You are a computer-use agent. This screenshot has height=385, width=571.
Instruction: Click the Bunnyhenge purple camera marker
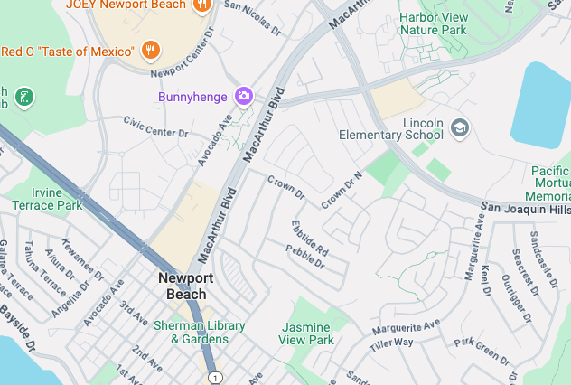pos(243,97)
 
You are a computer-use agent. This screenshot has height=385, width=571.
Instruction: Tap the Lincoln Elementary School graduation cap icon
pos(460,127)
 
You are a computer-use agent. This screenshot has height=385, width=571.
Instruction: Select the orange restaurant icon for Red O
pos(152,51)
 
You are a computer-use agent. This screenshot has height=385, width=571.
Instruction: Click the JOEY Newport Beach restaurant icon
pos(201,5)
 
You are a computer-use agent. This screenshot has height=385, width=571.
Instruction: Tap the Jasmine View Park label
pos(306,333)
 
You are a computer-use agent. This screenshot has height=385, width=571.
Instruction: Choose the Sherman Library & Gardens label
pos(200,332)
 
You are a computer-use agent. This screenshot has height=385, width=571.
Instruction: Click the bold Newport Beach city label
pos(185,286)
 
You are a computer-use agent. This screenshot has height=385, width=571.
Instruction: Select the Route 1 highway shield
pos(213,376)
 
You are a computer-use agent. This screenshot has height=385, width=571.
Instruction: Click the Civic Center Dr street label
pos(155,126)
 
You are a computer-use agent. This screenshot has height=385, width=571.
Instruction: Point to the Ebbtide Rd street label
pos(309,237)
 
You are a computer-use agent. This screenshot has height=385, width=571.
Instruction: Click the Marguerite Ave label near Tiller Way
pos(406,325)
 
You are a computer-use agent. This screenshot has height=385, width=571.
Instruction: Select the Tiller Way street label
pos(391,343)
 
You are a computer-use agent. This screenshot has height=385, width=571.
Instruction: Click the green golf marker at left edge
pos(24,96)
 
